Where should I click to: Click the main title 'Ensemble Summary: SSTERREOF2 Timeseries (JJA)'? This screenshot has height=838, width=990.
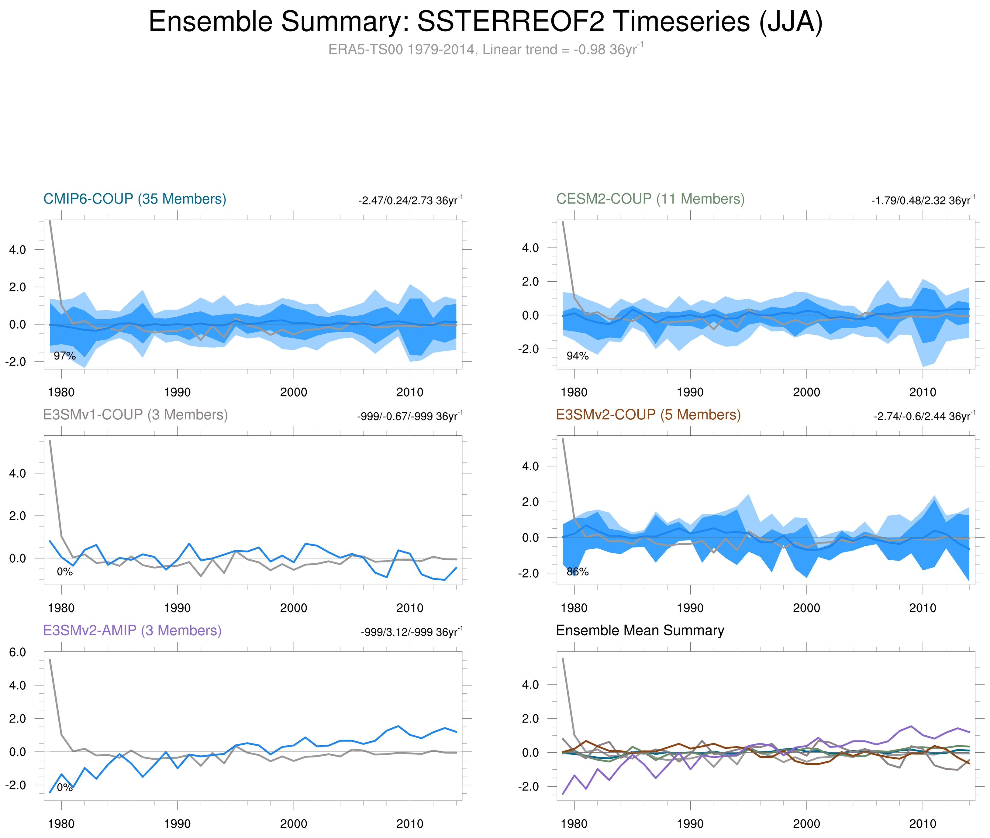point(485,22)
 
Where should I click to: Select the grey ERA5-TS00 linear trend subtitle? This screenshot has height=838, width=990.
point(485,50)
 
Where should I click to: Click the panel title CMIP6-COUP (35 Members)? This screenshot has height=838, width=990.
point(135,199)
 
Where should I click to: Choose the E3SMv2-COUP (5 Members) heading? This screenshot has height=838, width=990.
point(648,415)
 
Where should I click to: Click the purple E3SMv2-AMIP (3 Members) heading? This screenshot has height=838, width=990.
point(132,630)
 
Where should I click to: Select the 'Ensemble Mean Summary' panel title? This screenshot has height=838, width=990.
point(640,630)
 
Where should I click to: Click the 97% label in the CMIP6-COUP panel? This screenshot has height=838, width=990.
point(65,356)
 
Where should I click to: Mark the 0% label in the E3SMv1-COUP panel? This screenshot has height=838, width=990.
point(65,572)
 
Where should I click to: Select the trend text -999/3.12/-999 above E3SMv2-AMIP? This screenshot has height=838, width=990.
point(411,632)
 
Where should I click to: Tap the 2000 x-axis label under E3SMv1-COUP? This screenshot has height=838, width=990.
point(293,608)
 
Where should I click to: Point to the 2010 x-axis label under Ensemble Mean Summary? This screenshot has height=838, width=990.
point(922,824)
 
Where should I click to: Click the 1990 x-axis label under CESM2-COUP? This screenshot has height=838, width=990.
point(690,392)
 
